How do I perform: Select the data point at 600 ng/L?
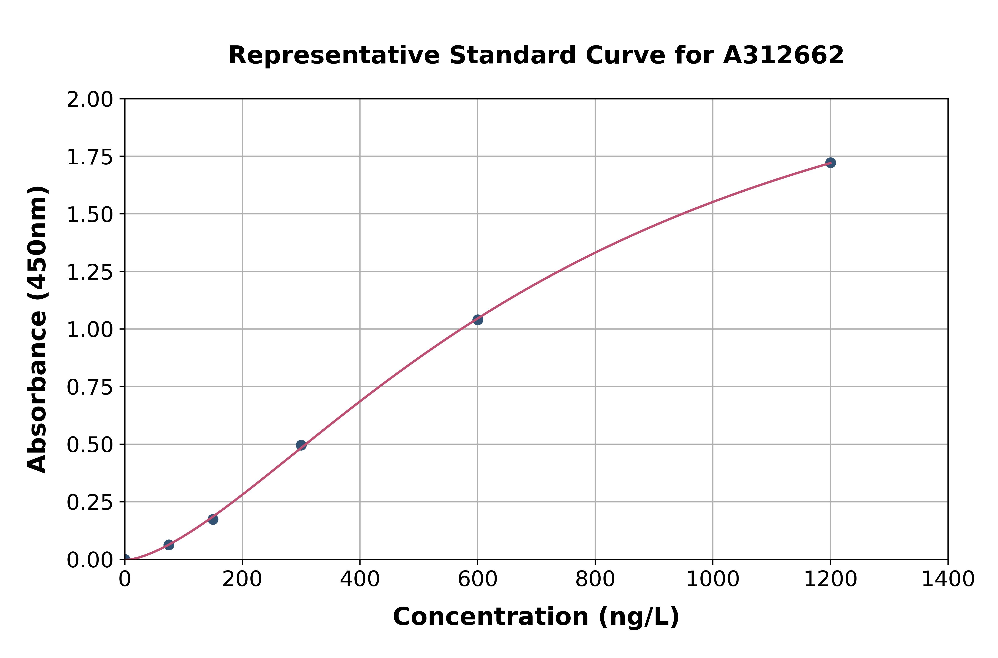[477, 320]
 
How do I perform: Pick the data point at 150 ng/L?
[213, 520]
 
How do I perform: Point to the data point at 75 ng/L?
[169, 545]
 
